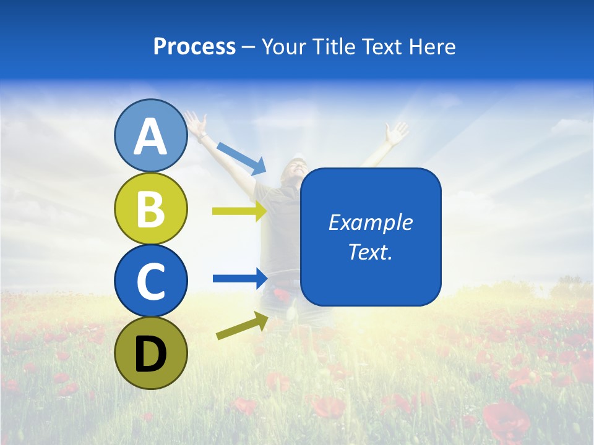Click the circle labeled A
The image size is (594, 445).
pyautogui.click(x=151, y=136)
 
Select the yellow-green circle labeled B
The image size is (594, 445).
pyautogui.click(x=151, y=208)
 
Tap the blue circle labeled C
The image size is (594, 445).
pyautogui.click(x=151, y=281)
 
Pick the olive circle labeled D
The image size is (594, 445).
pyautogui.click(x=151, y=353)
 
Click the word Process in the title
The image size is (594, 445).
pyautogui.click(x=194, y=46)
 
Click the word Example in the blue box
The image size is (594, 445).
pyautogui.click(x=370, y=222)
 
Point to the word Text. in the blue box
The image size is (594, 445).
pyautogui.click(x=370, y=252)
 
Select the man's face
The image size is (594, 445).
pyautogui.click(x=296, y=168)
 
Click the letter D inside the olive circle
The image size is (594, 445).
pyautogui.click(x=151, y=354)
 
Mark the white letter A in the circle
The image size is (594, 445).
pyautogui.click(x=151, y=137)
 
